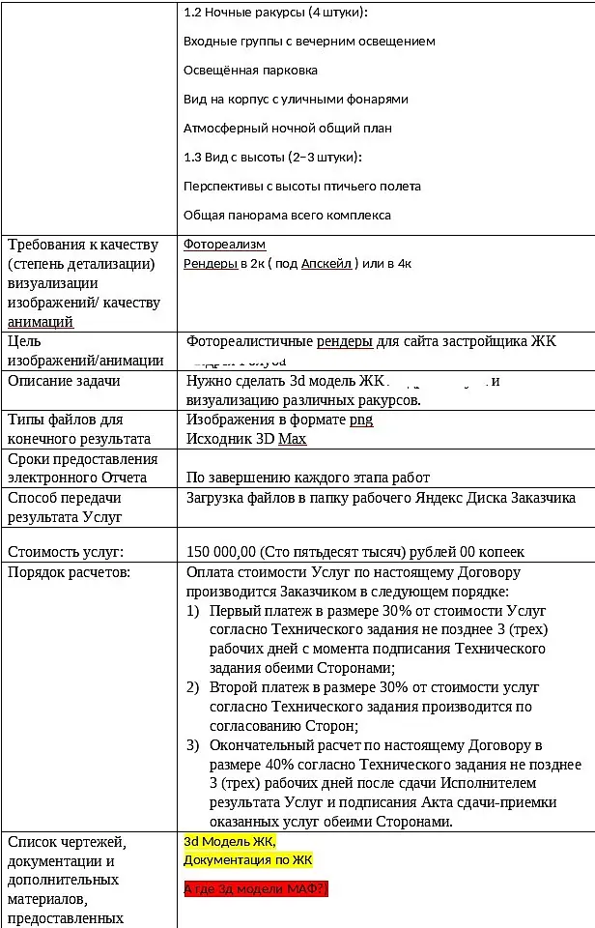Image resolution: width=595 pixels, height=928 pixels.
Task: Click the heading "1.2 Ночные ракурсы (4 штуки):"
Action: (x=274, y=13)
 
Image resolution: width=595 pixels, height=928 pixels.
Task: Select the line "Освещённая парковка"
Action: (x=250, y=71)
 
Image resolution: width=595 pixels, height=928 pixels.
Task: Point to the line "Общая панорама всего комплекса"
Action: (x=287, y=216)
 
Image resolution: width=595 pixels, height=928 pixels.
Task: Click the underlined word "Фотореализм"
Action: (x=224, y=245)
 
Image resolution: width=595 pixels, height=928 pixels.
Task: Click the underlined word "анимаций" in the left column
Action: (x=40, y=322)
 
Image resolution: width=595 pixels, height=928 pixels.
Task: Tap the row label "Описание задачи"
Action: (x=64, y=381)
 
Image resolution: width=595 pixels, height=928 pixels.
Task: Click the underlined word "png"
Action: (x=361, y=420)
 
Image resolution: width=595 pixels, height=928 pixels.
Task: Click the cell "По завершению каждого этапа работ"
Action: (x=308, y=478)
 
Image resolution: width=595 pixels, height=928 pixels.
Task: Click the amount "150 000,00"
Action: (x=221, y=552)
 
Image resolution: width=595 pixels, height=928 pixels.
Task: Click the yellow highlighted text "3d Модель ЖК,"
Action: (x=230, y=841)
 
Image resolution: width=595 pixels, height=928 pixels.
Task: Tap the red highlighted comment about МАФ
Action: (x=256, y=888)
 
